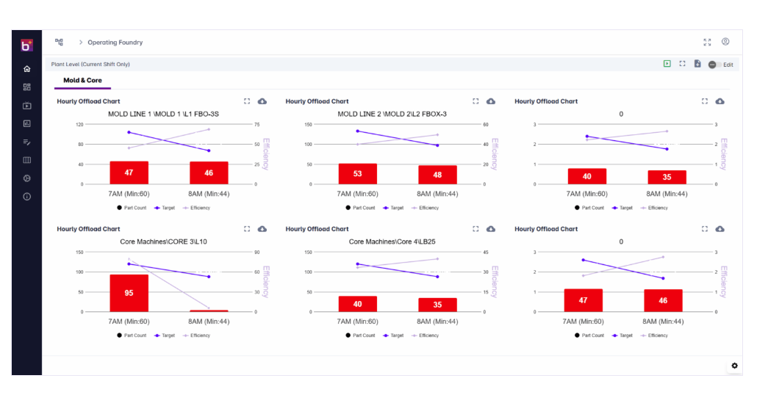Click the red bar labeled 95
click(x=129, y=293)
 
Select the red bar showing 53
click(x=357, y=173)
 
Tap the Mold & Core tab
click(x=82, y=81)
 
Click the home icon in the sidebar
click(x=27, y=69)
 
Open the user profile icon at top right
click(x=725, y=42)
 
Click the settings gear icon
click(x=734, y=366)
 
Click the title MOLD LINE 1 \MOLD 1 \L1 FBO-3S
click(x=163, y=115)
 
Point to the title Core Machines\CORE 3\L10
click(x=163, y=242)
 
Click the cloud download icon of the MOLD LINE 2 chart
click(x=490, y=101)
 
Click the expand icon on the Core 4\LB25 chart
click(x=476, y=229)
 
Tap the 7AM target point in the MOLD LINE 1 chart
click(x=129, y=132)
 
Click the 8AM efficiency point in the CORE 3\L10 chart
click(x=209, y=308)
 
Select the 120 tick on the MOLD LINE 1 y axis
click(x=79, y=124)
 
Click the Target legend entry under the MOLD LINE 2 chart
click(x=393, y=208)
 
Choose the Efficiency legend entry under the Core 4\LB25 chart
click(x=425, y=335)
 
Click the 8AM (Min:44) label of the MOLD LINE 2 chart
click(x=437, y=194)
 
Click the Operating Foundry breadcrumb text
click(x=115, y=43)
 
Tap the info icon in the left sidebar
click(x=27, y=197)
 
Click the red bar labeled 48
click(x=437, y=175)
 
